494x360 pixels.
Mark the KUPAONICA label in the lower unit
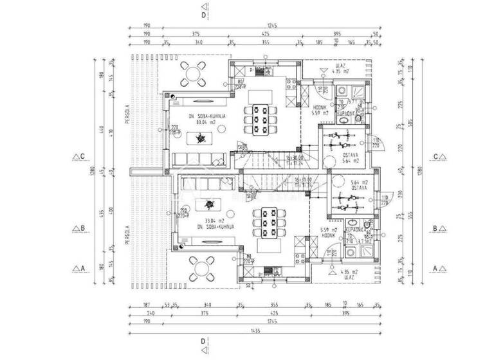[x=354, y=229]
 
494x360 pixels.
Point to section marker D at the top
[x=203, y=14]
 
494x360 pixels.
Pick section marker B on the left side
[x=80, y=228]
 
